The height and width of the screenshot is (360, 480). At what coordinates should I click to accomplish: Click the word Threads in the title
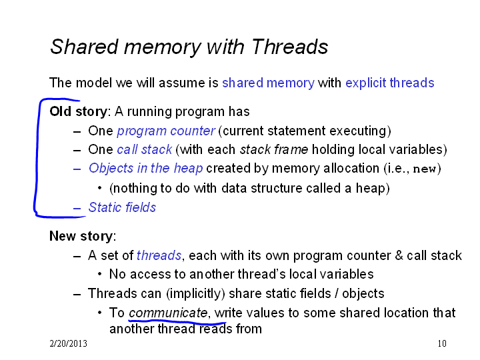click(x=289, y=47)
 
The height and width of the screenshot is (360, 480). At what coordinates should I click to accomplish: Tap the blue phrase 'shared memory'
click(x=268, y=83)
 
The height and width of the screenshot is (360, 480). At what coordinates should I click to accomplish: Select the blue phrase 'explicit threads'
click(x=390, y=83)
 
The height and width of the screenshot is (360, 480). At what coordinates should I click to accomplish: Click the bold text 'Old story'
click(x=79, y=112)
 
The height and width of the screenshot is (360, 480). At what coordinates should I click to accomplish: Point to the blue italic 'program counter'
click(x=166, y=131)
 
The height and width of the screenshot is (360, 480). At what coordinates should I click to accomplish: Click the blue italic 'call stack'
click(x=145, y=150)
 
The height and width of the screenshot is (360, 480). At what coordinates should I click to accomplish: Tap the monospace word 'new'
click(x=424, y=169)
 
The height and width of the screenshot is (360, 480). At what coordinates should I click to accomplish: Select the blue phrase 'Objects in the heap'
click(x=146, y=169)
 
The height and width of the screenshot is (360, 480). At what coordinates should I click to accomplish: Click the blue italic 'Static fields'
click(x=122, y=207)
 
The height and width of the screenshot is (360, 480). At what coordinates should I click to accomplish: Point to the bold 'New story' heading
click(x=81, y=236)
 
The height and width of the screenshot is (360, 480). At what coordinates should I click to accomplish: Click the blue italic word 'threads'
click(x=159, y=255)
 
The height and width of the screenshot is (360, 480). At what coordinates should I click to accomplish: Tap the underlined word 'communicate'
click(x=168, y=313)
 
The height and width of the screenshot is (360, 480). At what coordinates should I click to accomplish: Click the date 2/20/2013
click(x=68, y=343)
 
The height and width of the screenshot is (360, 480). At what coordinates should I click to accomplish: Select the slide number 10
click(x=442, y=343)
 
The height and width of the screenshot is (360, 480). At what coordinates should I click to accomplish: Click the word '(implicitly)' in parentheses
click(x=195, y=293)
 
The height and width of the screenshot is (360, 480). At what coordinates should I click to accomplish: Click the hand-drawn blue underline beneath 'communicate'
click(x=177, y=322)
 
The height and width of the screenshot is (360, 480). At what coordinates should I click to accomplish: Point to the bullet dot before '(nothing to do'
click(x=99, y=188)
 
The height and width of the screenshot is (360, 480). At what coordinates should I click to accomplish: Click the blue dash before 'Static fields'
click(x=77, y=209)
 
